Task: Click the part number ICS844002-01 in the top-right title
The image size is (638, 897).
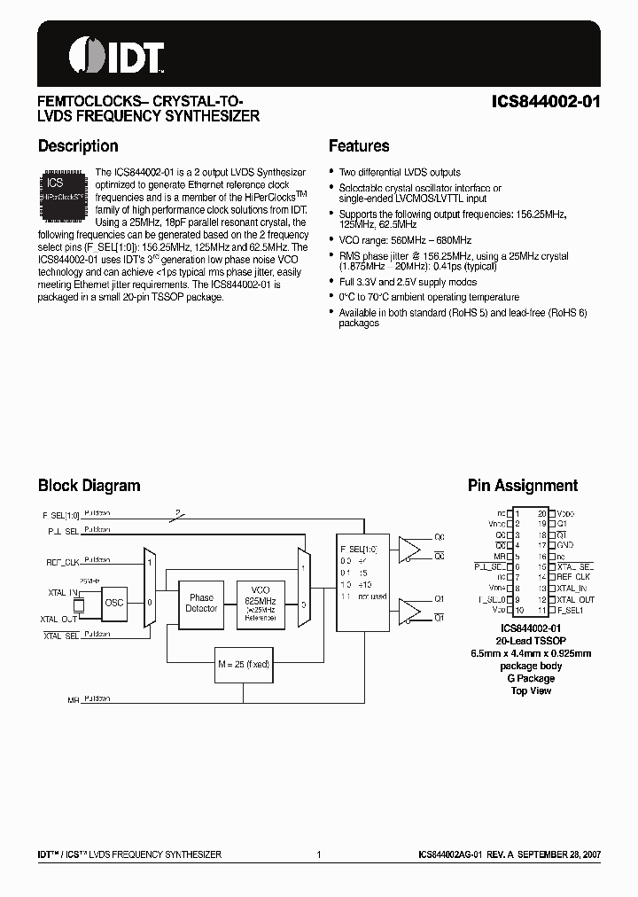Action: tap(546, 101)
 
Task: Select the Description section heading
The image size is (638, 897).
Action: tap(78, 146)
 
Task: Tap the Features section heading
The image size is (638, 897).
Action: tap(359, 146)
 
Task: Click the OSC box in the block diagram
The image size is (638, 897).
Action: tap(115, 602)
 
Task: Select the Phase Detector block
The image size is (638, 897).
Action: tap(201, 603)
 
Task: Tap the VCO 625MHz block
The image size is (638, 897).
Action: tap(261, 603)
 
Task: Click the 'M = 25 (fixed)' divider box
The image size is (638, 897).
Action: tap(243, 664)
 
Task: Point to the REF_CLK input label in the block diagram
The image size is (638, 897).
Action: tap(62, 562)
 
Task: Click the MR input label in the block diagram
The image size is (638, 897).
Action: tap(74, 700)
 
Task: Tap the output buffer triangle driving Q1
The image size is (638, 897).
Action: tap(409, 611)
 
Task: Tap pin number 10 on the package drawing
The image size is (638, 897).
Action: tap(517, 611)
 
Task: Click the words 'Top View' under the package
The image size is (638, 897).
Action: tap(532, 690)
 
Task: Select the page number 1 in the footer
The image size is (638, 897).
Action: tap(318, 854)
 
